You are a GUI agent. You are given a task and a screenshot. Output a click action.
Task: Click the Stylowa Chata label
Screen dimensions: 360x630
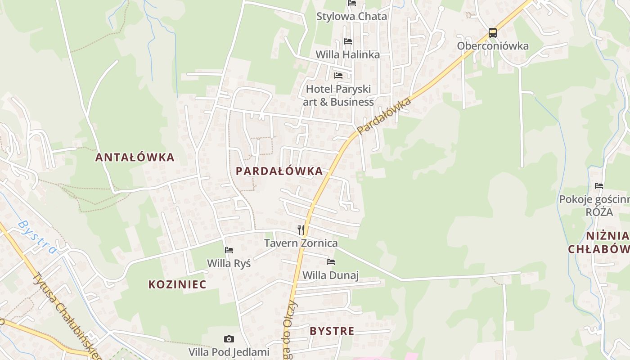click(x=351, y=17)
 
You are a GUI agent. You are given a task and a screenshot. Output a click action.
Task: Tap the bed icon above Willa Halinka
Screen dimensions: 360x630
click(x=348, y=41)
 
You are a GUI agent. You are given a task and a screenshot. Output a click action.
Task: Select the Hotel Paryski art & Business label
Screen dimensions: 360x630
click(x=338, y=95)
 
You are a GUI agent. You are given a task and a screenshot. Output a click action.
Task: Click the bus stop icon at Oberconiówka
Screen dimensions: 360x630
click(x=493, y=33)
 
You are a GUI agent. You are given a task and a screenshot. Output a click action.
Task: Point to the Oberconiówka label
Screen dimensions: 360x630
click(x=493, y=46)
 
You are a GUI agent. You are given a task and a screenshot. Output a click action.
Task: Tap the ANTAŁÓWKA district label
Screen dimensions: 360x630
click(x=135, y=157)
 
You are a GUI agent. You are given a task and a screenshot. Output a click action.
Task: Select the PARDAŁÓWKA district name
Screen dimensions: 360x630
click(x=279, y=171)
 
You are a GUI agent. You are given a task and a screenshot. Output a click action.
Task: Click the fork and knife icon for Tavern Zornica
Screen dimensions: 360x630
click(x=301, y=230)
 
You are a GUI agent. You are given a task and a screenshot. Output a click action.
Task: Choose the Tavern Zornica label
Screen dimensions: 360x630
click(x=301, y=243)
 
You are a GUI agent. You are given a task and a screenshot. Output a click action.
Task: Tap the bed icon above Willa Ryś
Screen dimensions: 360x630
click(x=229, y=250)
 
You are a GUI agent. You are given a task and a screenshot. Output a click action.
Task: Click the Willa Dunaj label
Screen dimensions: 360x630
click(x=330, y=275)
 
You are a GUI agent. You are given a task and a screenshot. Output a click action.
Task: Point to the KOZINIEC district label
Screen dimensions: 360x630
click(x=177, y=284)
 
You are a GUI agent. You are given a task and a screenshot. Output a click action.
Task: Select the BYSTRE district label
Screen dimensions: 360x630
click(x=332, y=331)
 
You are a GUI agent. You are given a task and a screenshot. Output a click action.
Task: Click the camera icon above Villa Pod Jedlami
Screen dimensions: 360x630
click(x=229, y=339)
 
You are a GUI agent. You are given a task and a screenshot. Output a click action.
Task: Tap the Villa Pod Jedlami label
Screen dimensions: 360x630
click(x=229, y=352)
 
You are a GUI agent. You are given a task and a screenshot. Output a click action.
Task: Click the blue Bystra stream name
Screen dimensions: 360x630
click(x=38, y=237)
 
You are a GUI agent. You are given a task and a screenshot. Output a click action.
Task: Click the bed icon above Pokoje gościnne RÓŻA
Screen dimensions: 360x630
click(x=599, y=185)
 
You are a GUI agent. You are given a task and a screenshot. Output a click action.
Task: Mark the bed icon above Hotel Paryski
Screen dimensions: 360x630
click(x=338, y=75)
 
